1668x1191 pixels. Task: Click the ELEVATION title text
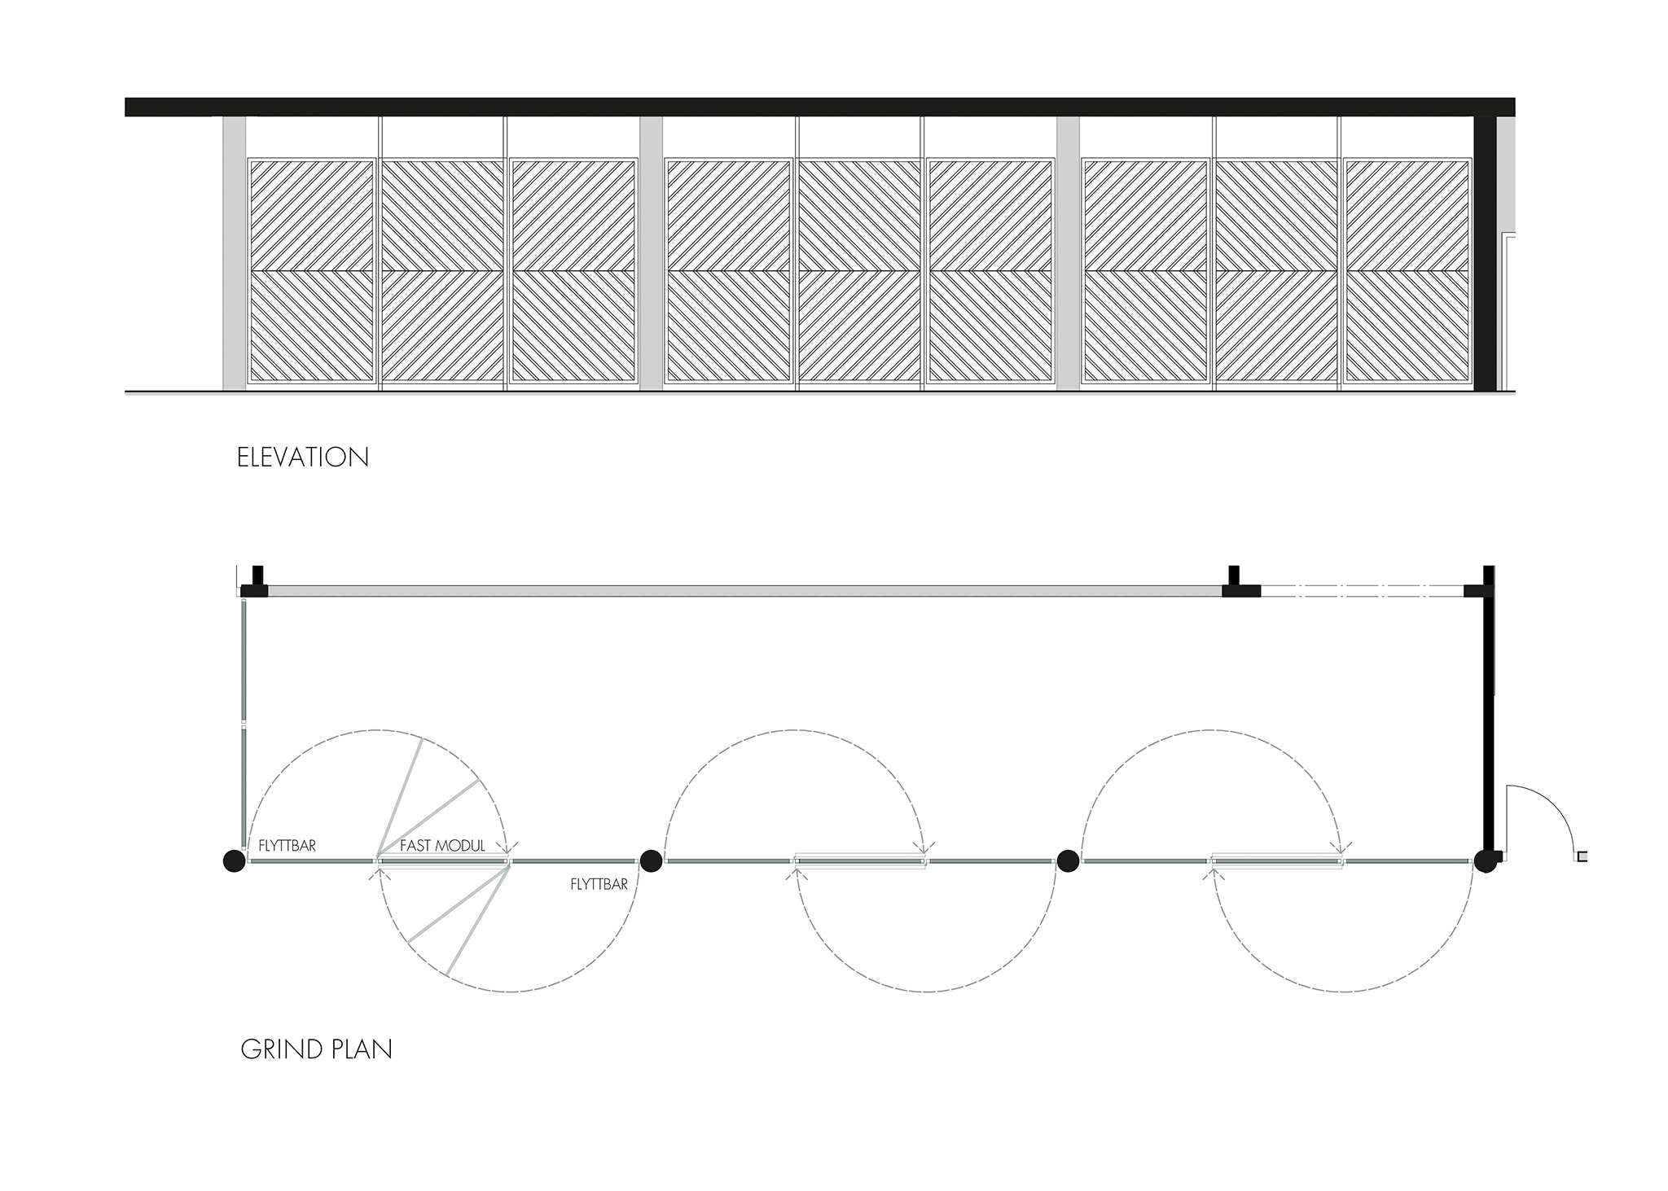[x=303, y=458]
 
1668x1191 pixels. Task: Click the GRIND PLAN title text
[x=316, y=1049]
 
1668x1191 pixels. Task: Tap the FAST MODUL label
[x=442, y=846]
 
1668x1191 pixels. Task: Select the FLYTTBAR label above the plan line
[x=287, y=846]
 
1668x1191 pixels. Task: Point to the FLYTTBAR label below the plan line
[x=599, y=884]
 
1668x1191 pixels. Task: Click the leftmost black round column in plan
[x=235, y=860]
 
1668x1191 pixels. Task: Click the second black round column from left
[x=651, y=860]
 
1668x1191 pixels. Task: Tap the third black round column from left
[x=1068, y=860]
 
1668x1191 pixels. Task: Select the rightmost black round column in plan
[x=1485, y=861]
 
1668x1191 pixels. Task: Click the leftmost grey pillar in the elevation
[x=234, y=253]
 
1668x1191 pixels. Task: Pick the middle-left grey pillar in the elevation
[x=651, y=253]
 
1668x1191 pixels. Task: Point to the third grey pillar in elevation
[x=1068, y=253]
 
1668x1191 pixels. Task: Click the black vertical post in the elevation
[x=1485, y=253]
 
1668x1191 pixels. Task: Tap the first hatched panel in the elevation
[x=311, y=271]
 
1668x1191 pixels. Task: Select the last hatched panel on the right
[x=1407, y=271]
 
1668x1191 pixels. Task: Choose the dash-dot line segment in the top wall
[x=1362, y=590]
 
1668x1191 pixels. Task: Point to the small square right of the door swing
[x=1582, y=856]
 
